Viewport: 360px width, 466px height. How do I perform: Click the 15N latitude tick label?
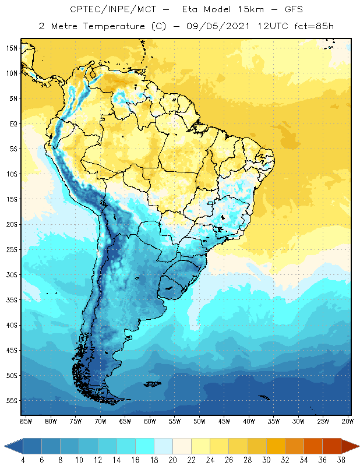tap(12, 48)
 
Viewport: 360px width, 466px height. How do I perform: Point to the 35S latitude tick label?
tap(12, 300)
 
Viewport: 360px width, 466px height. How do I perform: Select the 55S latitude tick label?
tap(12, 401)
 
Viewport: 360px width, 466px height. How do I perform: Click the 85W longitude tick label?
tap(26, 421)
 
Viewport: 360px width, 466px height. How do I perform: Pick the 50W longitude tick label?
tap(200, 421)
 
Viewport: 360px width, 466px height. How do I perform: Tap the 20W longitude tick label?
tap(348, 421)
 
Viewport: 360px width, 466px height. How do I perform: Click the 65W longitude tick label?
tap(125, 421)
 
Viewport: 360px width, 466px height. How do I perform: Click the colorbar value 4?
tap(23, 460)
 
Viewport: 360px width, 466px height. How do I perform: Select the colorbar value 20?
tap(172, 460)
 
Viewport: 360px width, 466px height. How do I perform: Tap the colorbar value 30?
tap(266, 460)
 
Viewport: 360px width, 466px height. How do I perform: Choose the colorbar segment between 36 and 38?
tap(331, 446)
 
